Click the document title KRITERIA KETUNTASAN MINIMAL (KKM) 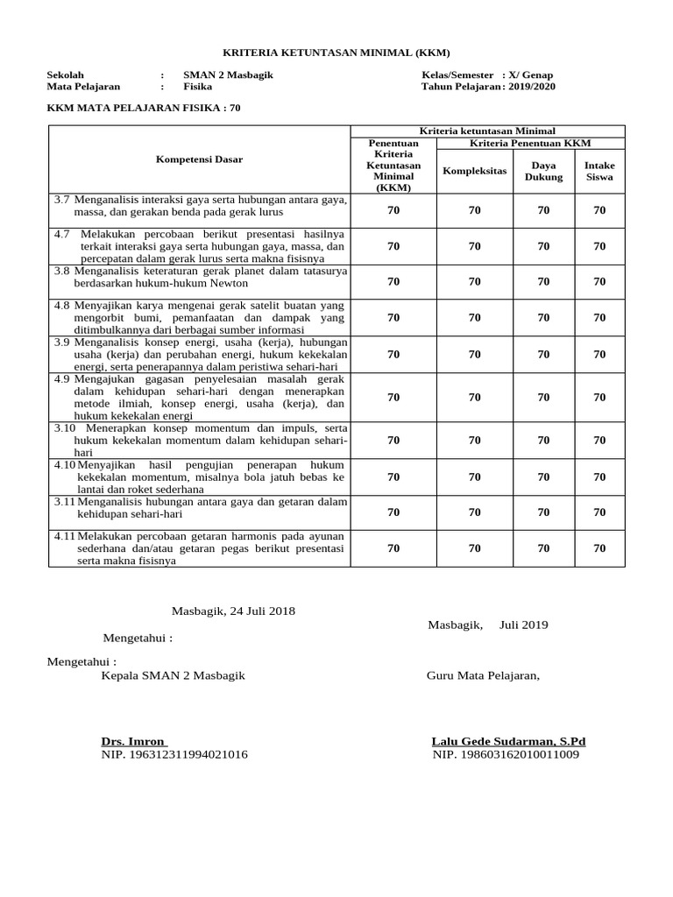point(336,53)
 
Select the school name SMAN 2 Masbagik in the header point(228,75)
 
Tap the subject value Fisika point(198,87)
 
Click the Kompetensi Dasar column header point(199,159)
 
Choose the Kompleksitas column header point(474,171)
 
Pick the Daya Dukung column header point(543,171)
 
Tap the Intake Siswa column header point(599,171)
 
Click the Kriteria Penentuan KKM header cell point(530,143)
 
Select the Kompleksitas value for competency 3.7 point(474,210)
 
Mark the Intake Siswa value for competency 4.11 point(599,548)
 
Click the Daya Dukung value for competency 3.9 point(543,355)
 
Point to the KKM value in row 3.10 point(393,441)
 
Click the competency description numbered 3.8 point(201,277)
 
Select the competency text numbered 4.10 point(201,477)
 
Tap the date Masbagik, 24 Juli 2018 point(232,611)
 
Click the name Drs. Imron point(133,741)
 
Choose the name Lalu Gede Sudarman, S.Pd point(508,741)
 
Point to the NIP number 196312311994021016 point(174,754)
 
